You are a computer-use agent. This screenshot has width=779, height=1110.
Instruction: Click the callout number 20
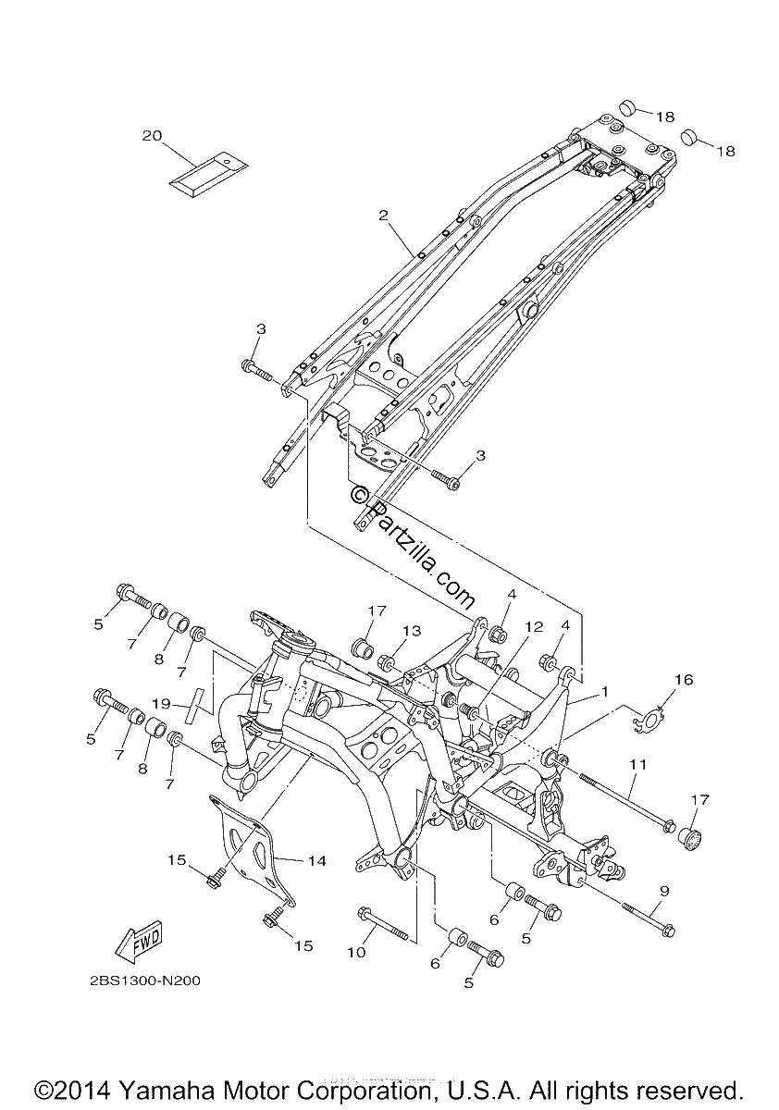click(152, 135)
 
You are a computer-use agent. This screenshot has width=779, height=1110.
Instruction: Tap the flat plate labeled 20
click(208, 174)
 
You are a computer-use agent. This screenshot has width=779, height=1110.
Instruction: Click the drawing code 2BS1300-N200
click(145, 980)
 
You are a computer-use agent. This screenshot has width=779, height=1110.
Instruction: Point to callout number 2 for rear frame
click(383, 215)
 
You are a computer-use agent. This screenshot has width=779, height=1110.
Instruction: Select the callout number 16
click(684, 679)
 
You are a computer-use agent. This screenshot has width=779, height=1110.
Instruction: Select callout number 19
click(161, 704)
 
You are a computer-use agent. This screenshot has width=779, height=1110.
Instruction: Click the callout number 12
click(534, 626)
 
